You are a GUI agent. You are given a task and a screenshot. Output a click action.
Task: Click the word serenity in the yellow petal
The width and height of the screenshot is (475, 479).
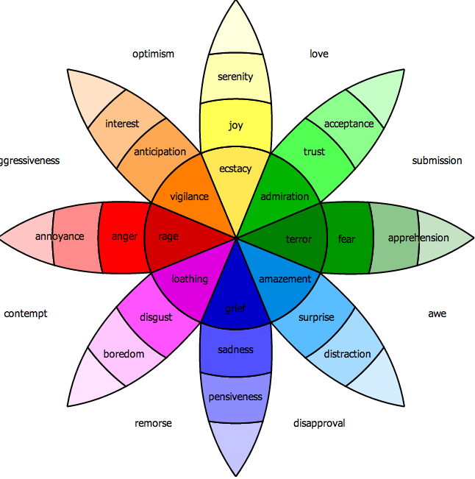[235, 77]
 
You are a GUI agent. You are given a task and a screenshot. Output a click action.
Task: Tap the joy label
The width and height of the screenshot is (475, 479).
[235, 125]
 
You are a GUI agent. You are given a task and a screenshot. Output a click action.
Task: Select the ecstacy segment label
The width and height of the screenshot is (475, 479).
[235, 168]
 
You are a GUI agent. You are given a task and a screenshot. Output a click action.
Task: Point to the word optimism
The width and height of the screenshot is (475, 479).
[153, 54]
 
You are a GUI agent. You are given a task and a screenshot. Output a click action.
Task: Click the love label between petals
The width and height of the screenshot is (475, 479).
[318, 54]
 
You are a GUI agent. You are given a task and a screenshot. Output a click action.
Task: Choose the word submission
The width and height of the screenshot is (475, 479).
[437, 160]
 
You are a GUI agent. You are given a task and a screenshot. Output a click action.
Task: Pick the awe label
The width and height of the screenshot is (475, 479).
[437, 313]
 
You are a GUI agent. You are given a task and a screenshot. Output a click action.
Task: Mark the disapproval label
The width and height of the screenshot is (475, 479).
[319, 423]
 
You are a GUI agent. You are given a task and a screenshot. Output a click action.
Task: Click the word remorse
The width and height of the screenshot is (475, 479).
[153, 423]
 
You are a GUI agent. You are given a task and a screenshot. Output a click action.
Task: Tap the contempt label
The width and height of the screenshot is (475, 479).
[26, 313]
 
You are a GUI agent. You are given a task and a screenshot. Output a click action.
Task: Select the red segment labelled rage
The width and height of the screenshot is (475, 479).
[168, 237]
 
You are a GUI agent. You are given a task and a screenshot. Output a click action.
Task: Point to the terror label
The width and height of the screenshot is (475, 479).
[299, 238]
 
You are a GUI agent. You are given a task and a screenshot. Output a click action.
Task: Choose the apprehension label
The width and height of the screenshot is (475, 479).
[418, 238]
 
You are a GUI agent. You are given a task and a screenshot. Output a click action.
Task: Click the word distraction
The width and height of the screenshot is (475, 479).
[348, 354]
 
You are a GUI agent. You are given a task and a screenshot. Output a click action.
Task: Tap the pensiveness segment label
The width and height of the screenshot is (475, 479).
[235, 397]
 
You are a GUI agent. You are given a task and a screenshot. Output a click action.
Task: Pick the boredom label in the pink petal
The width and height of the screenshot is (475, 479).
[124, 354]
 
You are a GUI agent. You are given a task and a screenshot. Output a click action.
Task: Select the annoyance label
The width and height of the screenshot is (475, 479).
[60, 236]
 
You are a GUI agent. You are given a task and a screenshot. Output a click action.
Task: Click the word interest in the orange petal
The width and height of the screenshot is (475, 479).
[122, 124]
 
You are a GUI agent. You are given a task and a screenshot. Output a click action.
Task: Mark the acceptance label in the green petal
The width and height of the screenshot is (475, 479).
[349, 124]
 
